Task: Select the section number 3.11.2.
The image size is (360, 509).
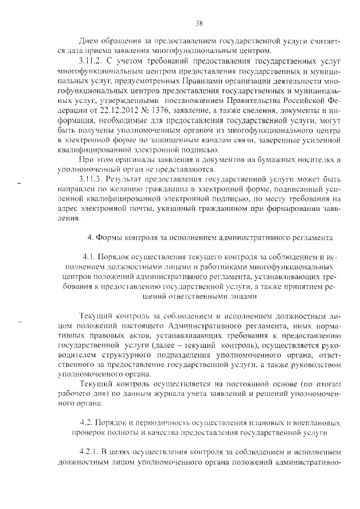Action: (x=90, y=60)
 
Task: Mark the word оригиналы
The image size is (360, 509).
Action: (x=132, y=161)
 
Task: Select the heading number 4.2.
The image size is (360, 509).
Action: (x=88, y=422)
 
